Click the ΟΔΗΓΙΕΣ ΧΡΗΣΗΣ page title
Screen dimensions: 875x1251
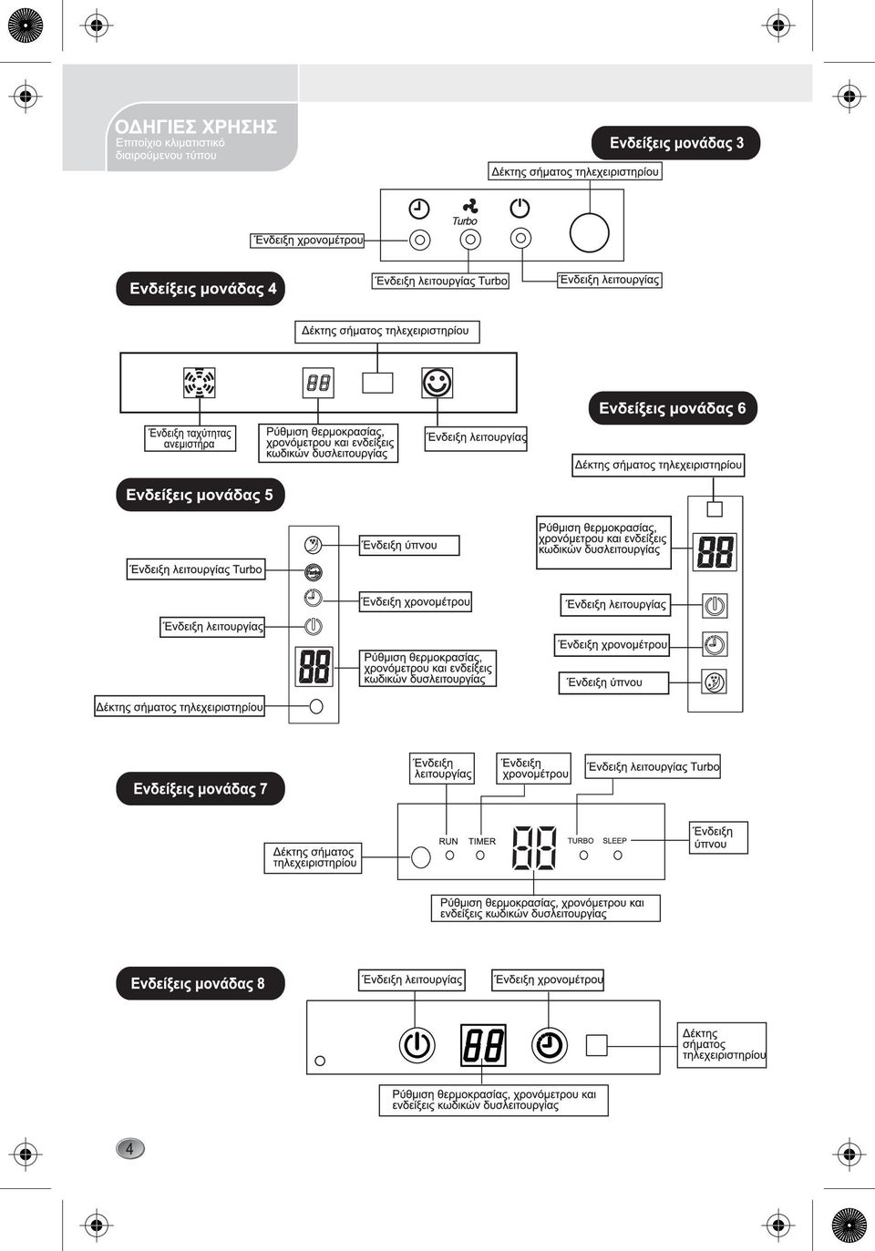pyautogui.click(x=195, y=127)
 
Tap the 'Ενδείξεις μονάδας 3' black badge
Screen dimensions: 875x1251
pyautogui.click(x=675, y=143)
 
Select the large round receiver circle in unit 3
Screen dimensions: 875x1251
pyautogui.click(x=589, y=233)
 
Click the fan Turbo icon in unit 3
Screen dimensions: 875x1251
pyautogui.click(x=470, y=206)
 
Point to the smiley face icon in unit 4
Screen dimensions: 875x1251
pyautogui.click(x=437, y=383)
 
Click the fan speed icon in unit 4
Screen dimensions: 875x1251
pyautogui.click(x=200, y=383)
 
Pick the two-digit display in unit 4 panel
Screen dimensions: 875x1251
pyautogui.click(x=318, y=383)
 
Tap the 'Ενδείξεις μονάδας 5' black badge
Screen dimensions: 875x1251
pyautogui.click(x=200, y=495)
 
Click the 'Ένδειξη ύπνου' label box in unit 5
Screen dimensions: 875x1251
pyautogui.click(x=409, y=545)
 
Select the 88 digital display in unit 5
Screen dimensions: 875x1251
pyautogui.click(x=314, y=666)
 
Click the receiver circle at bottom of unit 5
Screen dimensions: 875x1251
pyautogui.click(x=316, y=706)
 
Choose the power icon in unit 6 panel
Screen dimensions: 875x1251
pyautogui.click(x=715, y=605)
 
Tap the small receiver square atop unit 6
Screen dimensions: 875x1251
pyautogui.click(x=715, y=508)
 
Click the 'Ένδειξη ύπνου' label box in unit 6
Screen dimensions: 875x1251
pyautogui.click(x=613, y=682)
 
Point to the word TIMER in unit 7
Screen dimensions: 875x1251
pyautogui.click(x=481, y=841)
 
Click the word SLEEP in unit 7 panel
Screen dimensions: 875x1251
pyautogui.click(x=614, y=840)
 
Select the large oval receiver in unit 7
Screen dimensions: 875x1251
pyautogui.click(x=421, y=856)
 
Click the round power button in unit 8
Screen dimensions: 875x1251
pyautogui.click(x=417, y=1044)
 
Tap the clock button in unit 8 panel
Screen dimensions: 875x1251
pyautogui.click(x=550, y=1044)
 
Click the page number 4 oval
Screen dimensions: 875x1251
pyautogui.click(x=130, y=1149)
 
